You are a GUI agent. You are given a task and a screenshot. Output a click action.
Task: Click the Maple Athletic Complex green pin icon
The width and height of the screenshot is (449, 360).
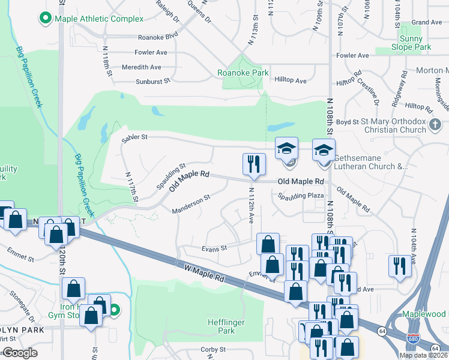[45, 19]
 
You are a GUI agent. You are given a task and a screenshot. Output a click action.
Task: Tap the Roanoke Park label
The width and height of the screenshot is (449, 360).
[243, 73]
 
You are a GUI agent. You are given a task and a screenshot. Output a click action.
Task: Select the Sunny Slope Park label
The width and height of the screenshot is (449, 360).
[411, 43]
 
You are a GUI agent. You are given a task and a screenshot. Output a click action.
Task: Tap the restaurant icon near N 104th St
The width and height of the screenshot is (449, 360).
[400, 265]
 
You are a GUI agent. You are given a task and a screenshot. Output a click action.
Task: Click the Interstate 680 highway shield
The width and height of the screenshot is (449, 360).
[413, 340]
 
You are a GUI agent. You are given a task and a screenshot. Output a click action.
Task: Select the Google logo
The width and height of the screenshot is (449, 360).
[20, 353]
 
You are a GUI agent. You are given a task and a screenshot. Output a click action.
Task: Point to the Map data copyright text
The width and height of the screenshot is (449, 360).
[423, 355]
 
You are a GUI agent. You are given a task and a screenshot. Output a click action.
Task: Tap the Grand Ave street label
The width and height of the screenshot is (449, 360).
[427, 22]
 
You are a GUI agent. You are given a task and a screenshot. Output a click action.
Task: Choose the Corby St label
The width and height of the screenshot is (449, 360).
[212, 349]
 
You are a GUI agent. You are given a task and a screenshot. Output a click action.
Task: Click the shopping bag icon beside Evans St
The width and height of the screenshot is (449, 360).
[268, 244]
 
